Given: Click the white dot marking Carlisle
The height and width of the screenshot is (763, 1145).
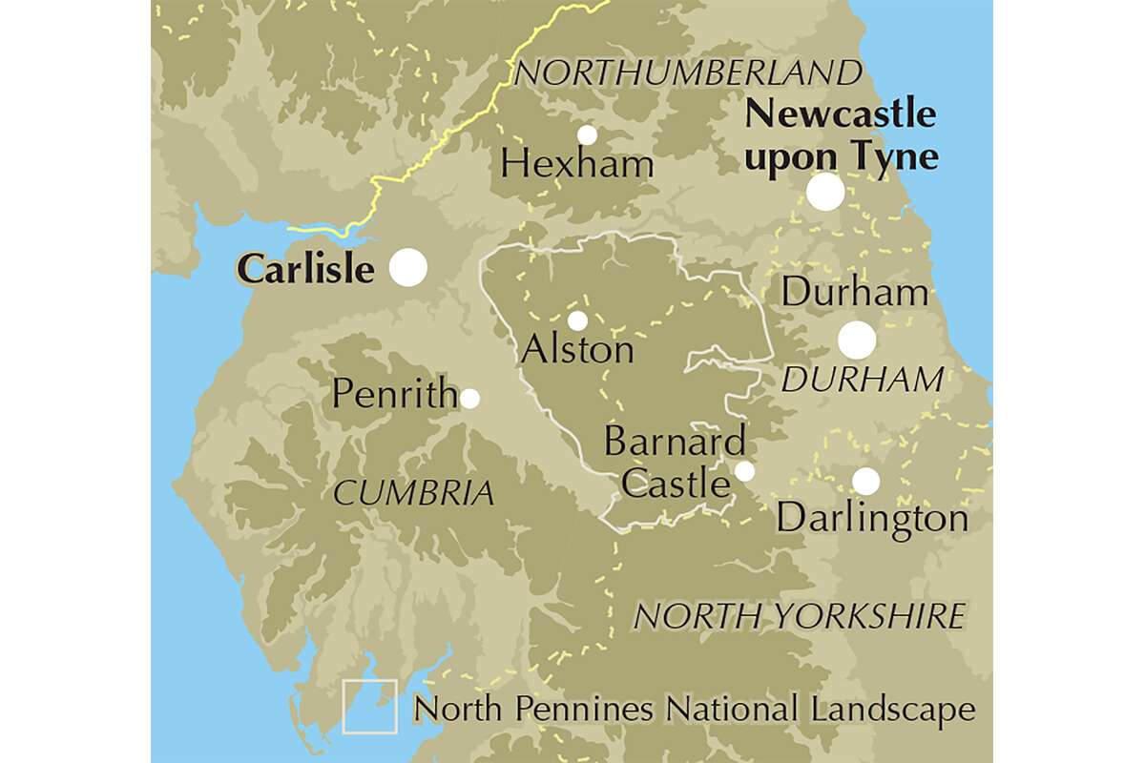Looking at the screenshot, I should [x=409, y=268].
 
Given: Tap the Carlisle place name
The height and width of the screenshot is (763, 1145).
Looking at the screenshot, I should [x=305, y=270].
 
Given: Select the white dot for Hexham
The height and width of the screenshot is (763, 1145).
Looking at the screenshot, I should [x=587, y=135].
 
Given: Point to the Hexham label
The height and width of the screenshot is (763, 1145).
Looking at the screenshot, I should [x=577, y=165].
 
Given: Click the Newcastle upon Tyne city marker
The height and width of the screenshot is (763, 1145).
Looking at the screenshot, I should [x=825, y=192].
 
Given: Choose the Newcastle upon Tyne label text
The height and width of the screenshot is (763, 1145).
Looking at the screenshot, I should [x=841, y=135].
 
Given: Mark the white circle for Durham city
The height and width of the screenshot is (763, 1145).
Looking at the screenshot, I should [x=857, y=340].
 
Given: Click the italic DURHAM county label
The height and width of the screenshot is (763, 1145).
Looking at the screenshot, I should [x=862, y=381].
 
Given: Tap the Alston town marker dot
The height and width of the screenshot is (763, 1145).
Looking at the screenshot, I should [x=577, y=320].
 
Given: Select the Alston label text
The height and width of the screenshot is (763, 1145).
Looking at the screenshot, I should [x=577, y=350].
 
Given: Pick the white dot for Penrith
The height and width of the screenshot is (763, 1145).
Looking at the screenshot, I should [x=469, y=398].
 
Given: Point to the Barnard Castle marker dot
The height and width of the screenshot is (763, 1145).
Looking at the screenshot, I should [x=744, y=471].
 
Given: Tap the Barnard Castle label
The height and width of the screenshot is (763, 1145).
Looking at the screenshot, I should [x=675, y=464].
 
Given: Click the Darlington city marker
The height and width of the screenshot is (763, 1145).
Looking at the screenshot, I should [x=865, y=481].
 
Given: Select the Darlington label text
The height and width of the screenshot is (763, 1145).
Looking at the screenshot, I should [x=872, y=519].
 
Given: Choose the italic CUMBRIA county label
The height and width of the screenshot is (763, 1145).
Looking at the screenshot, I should [x=413, y=493].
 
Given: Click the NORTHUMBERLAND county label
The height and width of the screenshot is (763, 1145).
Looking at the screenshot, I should [x=687, y=72].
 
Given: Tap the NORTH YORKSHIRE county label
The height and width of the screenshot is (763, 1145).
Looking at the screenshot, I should [x=800, y=616].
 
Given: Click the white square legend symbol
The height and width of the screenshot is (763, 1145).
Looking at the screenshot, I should [x=370, y=707].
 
